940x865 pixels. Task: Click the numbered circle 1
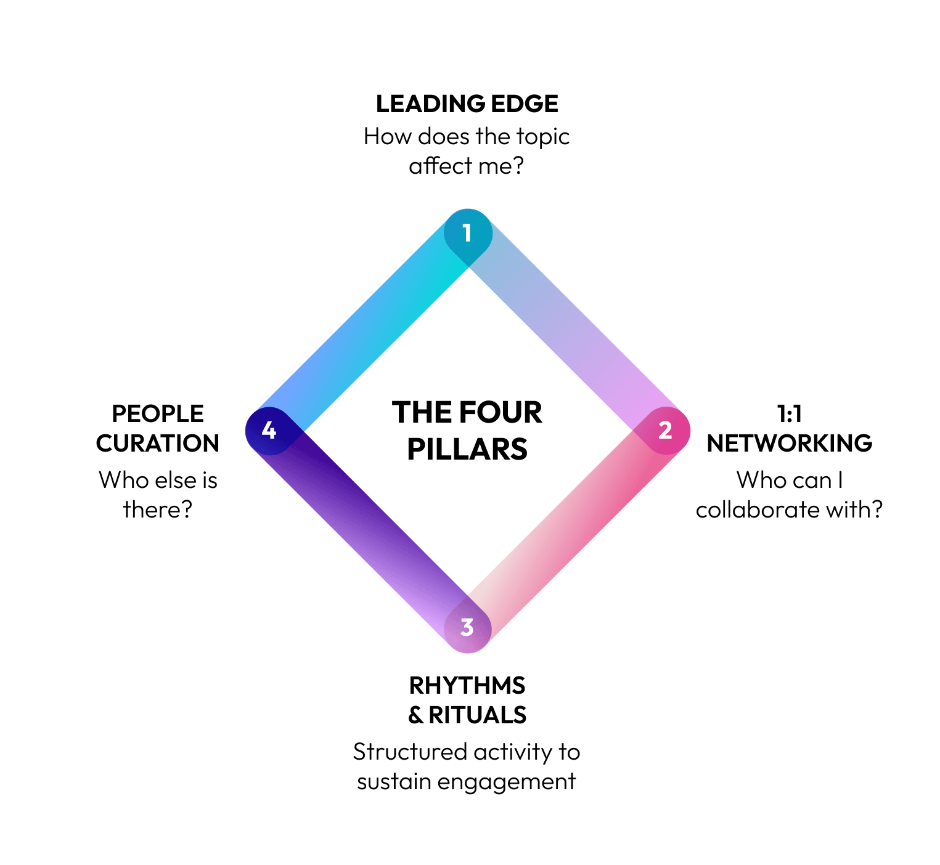468,234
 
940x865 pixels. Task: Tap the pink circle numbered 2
666,431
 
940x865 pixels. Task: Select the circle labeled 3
468,628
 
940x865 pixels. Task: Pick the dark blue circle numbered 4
269,431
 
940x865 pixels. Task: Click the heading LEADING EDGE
467,104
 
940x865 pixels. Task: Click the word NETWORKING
789,444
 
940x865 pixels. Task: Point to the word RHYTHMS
467,686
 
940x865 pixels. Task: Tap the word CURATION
158,444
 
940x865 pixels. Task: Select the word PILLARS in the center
467,450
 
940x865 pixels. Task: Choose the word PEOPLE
158,414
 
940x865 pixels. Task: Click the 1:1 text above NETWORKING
789,414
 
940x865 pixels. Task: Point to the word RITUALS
478,715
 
